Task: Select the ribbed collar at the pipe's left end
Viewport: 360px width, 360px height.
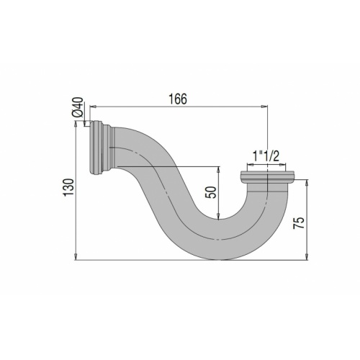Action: click(99, 148)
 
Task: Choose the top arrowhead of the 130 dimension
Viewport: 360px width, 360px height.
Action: click(76, 124)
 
